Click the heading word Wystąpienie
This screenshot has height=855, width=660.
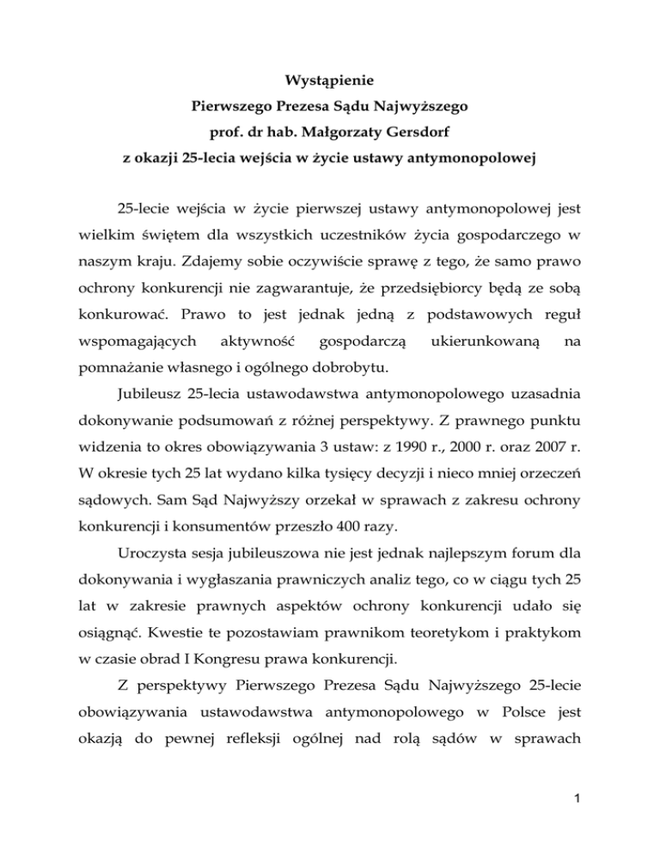pos(330,87)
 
